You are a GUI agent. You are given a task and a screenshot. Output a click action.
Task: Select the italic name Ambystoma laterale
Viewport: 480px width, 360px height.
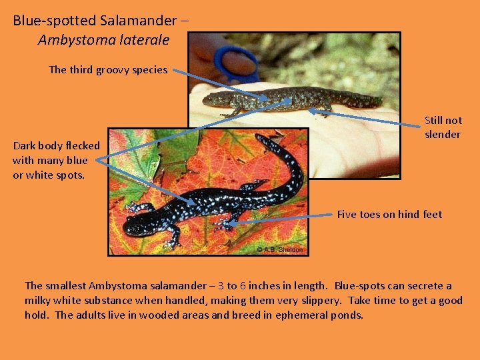click(x=103, y=40)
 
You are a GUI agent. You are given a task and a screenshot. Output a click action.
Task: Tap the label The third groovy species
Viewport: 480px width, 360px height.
click(x=108, y=69)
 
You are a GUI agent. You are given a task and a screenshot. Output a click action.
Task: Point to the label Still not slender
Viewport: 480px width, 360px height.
click(x=443, y=127)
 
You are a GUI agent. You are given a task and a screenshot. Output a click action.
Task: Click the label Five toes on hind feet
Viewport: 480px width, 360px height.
click(x=389, y=214)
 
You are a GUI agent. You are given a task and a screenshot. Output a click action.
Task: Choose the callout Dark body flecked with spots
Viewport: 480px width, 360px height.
click(x=56, y=160)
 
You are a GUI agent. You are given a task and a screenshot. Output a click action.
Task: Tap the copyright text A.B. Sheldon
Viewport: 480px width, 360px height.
click(x=280, y=250)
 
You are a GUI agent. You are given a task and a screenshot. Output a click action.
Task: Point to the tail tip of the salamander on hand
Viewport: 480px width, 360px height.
click(x=380, y=101)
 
